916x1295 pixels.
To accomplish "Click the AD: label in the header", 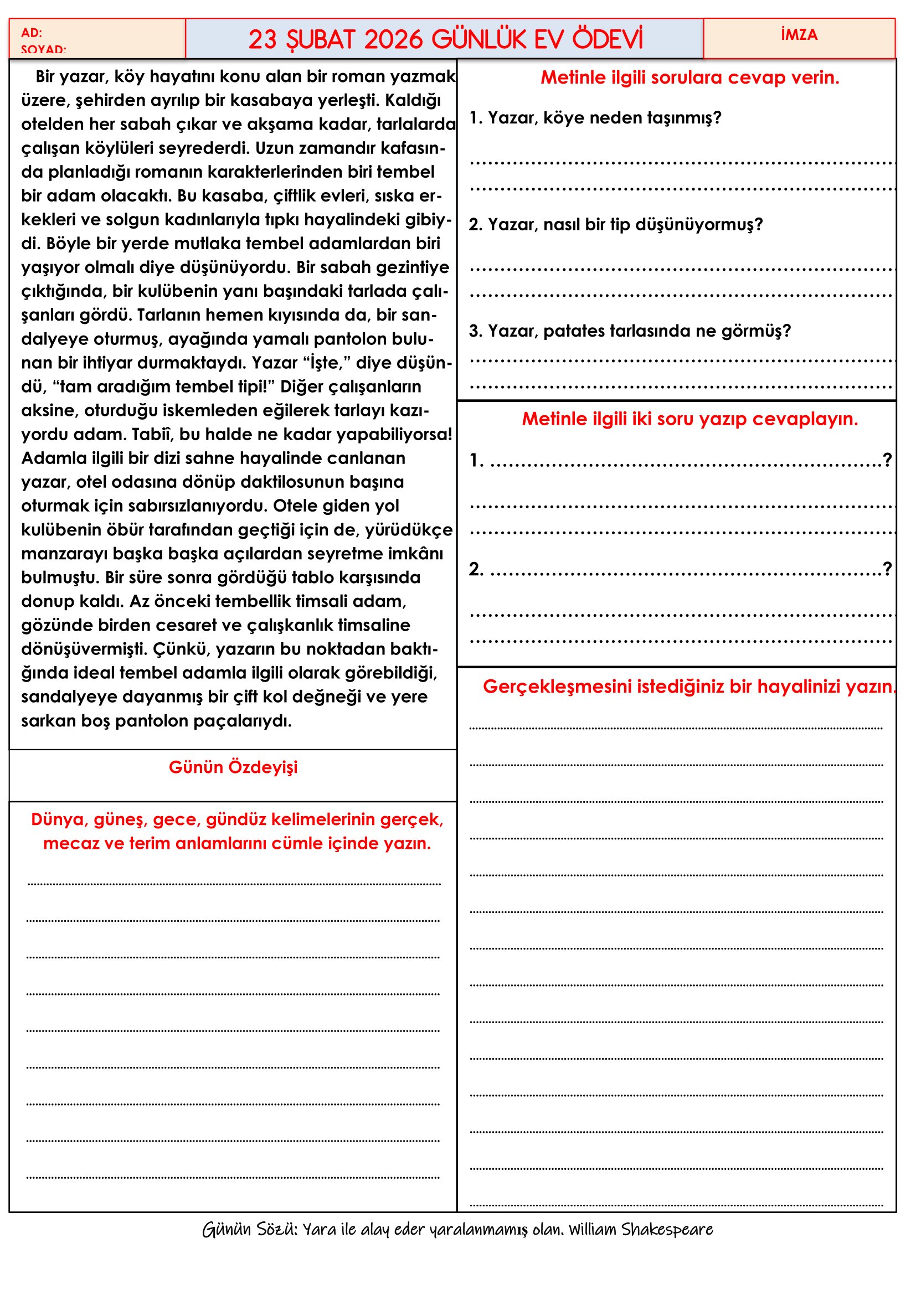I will coord(32,33).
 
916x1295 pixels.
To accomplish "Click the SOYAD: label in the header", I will coord(43,49).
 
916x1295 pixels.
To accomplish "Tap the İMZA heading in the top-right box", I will coord(799,35).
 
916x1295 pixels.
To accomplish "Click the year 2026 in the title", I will coord(393,39).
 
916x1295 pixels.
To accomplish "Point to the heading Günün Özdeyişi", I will coord(233,767).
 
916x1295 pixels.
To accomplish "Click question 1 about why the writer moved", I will coord(595,118).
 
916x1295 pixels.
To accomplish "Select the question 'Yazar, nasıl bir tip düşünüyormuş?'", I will coord(615,224).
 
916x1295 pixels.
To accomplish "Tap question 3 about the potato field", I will coord(630,331).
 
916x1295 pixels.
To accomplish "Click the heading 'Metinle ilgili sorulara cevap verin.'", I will coord(690,78).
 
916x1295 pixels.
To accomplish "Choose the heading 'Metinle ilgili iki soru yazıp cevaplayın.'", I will coord(689,419).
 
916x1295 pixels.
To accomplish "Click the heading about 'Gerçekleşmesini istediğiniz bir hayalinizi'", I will coord(689,687).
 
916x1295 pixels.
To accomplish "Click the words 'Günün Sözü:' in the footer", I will coord(250,1230).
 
